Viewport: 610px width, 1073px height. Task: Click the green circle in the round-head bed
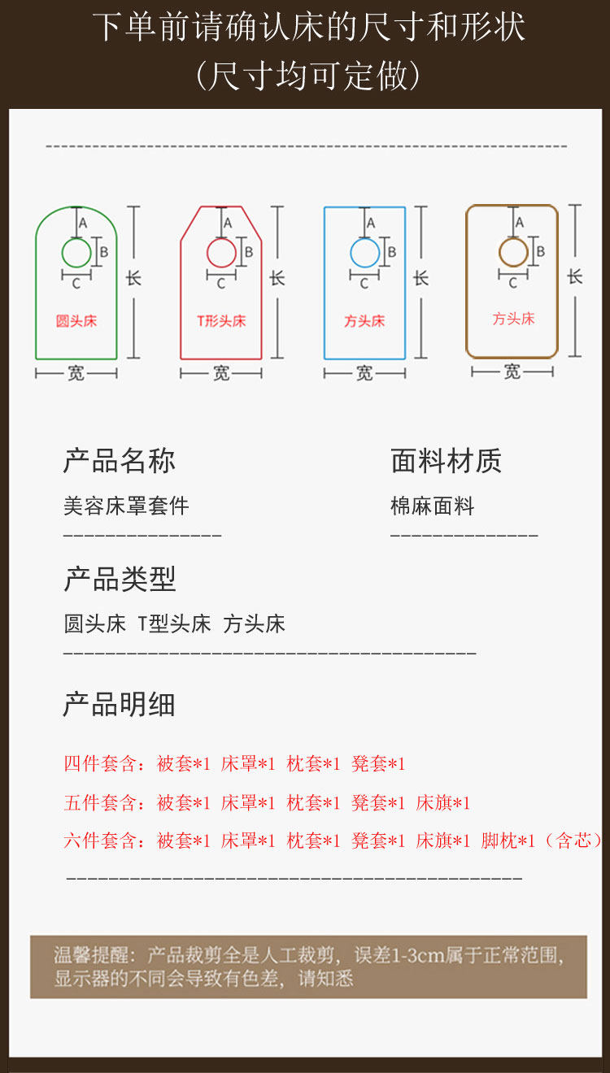pos(76,254)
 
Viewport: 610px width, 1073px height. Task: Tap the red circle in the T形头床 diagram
pos(221,253)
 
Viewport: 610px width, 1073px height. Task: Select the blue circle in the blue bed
pos(364,253)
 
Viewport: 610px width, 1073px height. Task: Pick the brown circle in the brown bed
pos(513,252)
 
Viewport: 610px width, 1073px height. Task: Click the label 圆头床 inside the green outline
pos(76,321)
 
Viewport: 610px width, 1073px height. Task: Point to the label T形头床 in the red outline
pos(221,321)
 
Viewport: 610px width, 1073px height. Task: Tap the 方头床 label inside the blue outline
pos(364,321)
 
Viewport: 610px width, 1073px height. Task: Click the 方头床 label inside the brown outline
pos(513,319)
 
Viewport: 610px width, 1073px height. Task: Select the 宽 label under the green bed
pos(76,373)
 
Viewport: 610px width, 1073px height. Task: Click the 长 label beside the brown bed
pos(575,276)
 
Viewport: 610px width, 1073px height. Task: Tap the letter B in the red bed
pos(249,252)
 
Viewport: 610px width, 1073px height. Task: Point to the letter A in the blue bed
pos(371,222)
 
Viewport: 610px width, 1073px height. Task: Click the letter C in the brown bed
pos(512,284)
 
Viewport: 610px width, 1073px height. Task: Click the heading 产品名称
pos(120,461)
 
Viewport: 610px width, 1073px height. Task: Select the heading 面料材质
pos(446,461)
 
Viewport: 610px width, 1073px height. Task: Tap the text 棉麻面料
pos(432,506)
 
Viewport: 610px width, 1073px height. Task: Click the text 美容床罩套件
pos(126,506)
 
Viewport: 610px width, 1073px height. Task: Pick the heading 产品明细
pos(120,705)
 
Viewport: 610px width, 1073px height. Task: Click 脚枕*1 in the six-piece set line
pos(508,841)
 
